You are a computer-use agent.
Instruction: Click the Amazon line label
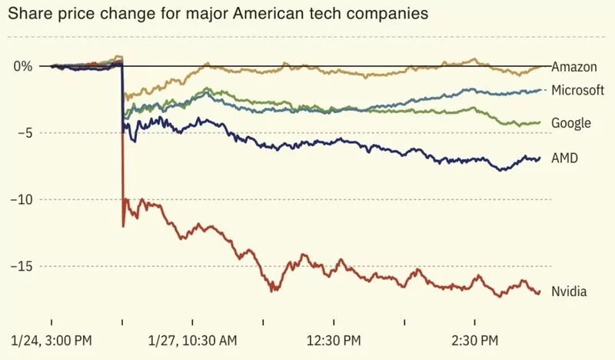point(574,67)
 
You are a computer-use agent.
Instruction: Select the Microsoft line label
point(578,91)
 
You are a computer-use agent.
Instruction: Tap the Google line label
point(570,123)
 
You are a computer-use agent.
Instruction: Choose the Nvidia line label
point(570,292)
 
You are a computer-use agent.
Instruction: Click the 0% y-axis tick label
point(22,66)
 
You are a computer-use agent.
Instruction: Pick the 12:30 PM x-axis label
point(334,339)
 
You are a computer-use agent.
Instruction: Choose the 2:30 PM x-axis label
point(475,339)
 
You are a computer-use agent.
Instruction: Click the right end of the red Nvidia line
point(540,292)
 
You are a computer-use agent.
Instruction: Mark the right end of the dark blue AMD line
point(540,158)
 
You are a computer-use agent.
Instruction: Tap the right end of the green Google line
point(540,122)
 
